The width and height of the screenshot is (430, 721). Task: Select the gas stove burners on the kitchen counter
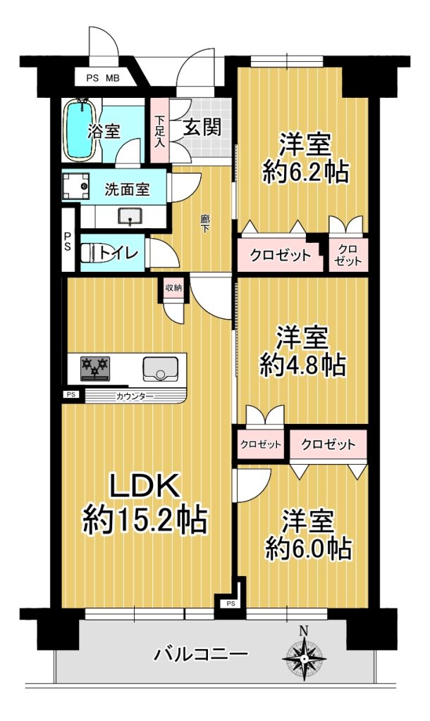click(95, 368)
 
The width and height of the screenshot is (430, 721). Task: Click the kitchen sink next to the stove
click(160, 368)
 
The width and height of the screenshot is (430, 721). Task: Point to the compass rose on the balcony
click(304, 658)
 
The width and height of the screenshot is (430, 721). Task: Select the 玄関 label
click(202, 127)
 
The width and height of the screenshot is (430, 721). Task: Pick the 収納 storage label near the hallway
click(173, 288)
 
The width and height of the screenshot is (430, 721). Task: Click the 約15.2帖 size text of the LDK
click(145, 519)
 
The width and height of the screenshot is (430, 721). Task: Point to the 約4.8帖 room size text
click(302, 365)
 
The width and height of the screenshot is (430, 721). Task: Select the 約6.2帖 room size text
click(305, 172)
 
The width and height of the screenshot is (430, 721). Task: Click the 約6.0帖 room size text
click(309, 548)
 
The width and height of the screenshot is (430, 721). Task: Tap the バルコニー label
click(201, 653)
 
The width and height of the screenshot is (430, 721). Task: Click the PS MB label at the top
click(103, 78)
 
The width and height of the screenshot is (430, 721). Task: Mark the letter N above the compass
click(304, 630)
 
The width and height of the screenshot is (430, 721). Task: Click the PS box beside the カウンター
click(70, 394)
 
